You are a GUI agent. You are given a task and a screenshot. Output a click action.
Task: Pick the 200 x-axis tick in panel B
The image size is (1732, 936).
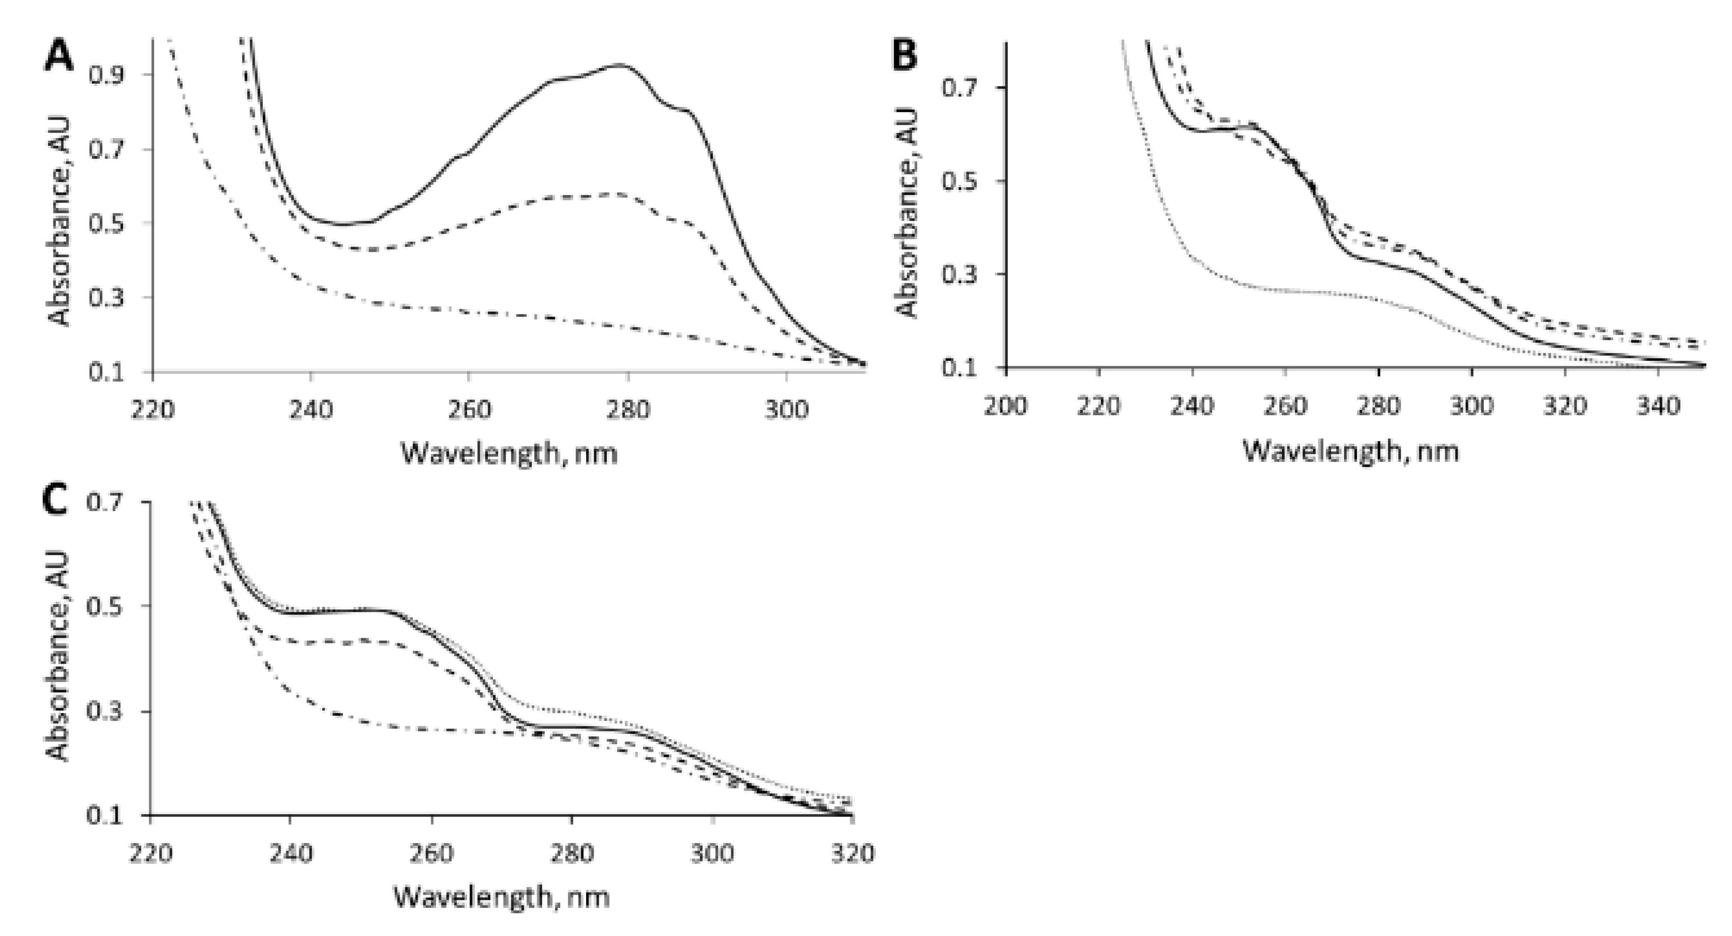pos(1005,406)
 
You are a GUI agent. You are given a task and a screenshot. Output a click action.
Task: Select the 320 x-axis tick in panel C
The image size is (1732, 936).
pos(853,853)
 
